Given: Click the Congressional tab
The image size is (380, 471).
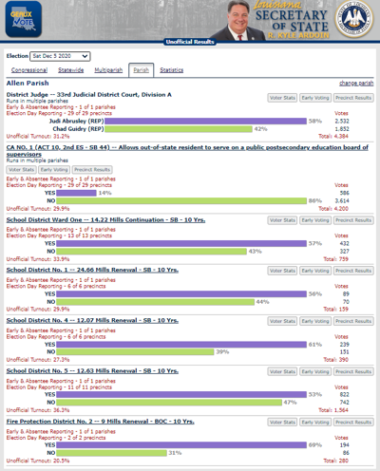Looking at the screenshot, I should point(29,70).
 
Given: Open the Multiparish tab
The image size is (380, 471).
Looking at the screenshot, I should point(108,70).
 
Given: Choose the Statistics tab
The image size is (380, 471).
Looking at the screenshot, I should point(172,70).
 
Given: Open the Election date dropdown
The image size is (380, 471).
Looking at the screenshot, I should point(61,57).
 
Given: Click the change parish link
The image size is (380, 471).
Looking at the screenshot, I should point(356,84).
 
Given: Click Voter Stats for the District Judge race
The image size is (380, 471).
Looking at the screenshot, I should point(282,97).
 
